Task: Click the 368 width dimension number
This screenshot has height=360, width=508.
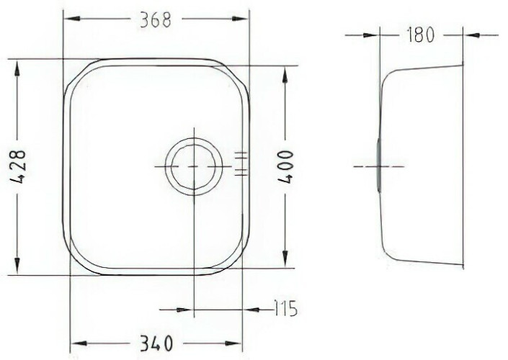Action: tap(155, 19)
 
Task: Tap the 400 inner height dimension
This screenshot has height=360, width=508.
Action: tap(286, 166)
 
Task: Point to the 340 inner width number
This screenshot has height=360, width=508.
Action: tap(156, 343)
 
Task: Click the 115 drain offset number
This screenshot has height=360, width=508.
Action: tap(286, 309)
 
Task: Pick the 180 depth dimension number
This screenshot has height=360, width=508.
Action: tap(420, 35)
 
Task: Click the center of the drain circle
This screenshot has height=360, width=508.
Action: tap(194, 166)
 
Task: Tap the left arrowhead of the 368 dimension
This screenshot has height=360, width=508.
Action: tap(71, 19)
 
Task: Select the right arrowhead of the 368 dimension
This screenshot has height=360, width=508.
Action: tap(240, 19)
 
